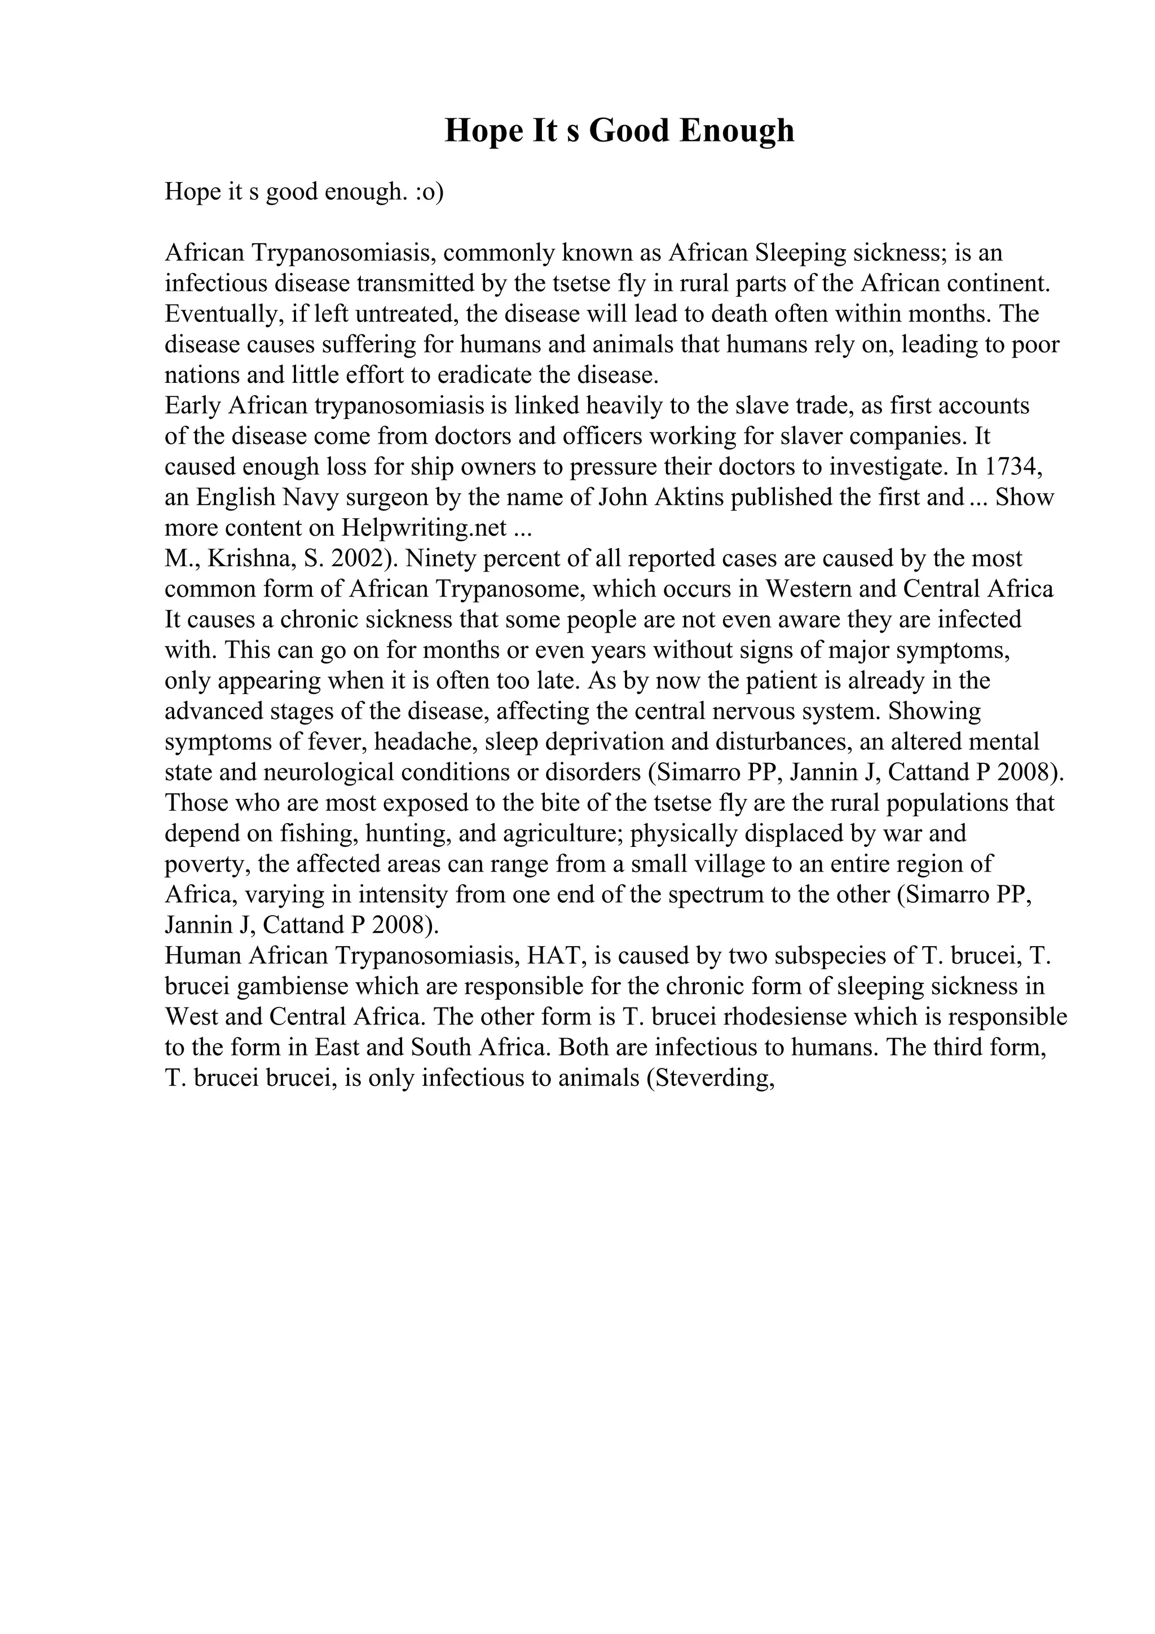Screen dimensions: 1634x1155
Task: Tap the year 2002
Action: click(x=359, y=559)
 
